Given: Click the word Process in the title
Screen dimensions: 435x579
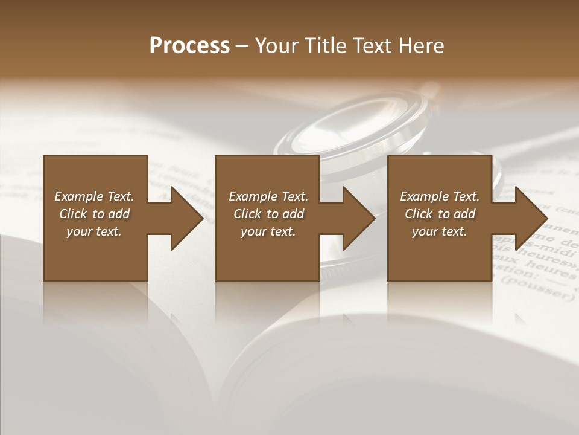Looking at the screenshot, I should coord(189,46).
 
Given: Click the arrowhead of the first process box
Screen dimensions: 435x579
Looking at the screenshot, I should coord(187,218).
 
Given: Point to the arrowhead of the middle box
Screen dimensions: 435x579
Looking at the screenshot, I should coord(359,218).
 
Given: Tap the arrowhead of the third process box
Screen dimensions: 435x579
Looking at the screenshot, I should coord(531,218).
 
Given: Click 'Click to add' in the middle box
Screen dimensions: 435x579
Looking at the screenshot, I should coord(268,214).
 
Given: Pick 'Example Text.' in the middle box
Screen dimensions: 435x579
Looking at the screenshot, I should coord(268,196).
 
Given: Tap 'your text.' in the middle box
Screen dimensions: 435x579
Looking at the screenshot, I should coord(268,231).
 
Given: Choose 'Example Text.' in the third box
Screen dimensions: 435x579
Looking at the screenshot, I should coord(440,196).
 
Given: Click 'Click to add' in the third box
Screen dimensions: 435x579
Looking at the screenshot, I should coord(440,214).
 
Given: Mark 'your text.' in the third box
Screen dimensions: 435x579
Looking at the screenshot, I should coord(440,231).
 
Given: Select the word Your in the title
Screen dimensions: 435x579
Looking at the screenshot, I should coord(275,46).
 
